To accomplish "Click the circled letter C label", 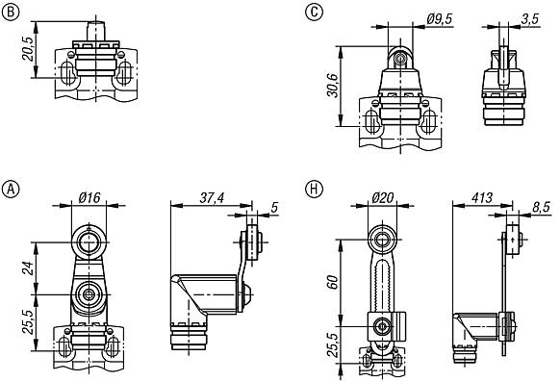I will pyautogui.click(x=313, y=13).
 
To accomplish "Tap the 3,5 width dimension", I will pyautogui.click(x=529, y=18).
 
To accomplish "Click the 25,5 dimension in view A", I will pyautogui.click(x=29, y=318).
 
